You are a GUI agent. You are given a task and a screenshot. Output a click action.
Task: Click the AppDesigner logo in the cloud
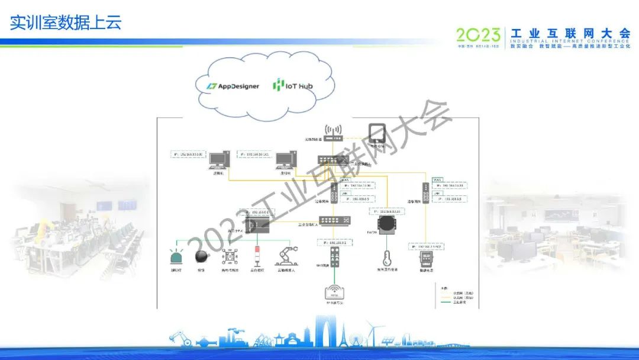click(233, 86)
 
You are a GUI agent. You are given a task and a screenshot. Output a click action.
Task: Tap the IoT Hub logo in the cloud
click(293, 85)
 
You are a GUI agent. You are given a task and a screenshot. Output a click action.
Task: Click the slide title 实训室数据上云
click(66, 23)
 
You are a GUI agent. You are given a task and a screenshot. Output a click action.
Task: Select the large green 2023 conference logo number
click(479, 34)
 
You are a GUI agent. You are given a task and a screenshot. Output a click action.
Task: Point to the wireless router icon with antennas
click(334, 132)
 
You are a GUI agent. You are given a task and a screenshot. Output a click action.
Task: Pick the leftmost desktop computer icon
click(220, 159)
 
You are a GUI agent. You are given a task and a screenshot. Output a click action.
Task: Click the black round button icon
click(201, 256)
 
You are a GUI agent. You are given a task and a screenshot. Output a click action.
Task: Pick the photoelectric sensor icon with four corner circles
click(230, 256)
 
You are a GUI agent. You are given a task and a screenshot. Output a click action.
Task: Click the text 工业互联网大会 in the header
click(570, 33)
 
